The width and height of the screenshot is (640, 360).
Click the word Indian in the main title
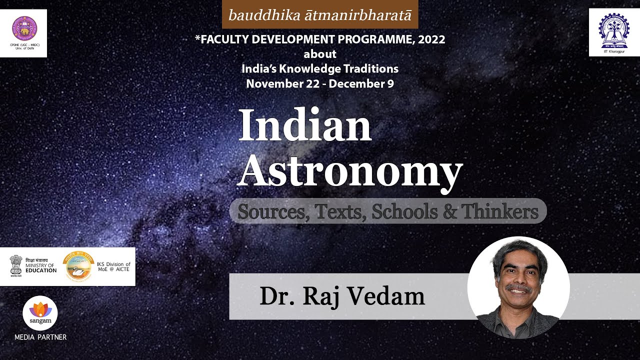pyautogui.click(x=305, y=125)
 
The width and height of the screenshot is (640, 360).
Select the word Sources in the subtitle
pyautogui.click(x=269, y=211)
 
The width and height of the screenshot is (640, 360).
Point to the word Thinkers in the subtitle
pyautogui.click(x=499, y=211)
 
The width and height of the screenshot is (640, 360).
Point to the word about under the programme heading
pyautogui.click(x=320, y=54)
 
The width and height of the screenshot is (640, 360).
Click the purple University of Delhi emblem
pyautogui.click(x=24, y=28)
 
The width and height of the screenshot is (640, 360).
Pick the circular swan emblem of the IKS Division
pyautogui.click(x=78, y=265)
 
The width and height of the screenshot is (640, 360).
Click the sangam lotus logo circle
pyautogui.click(x=40, y=312)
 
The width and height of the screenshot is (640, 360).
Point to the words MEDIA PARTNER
pyautogui.click(x=40, y=337)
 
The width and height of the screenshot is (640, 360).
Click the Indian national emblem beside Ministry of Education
pyautogui.click(x=16, y=265)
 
